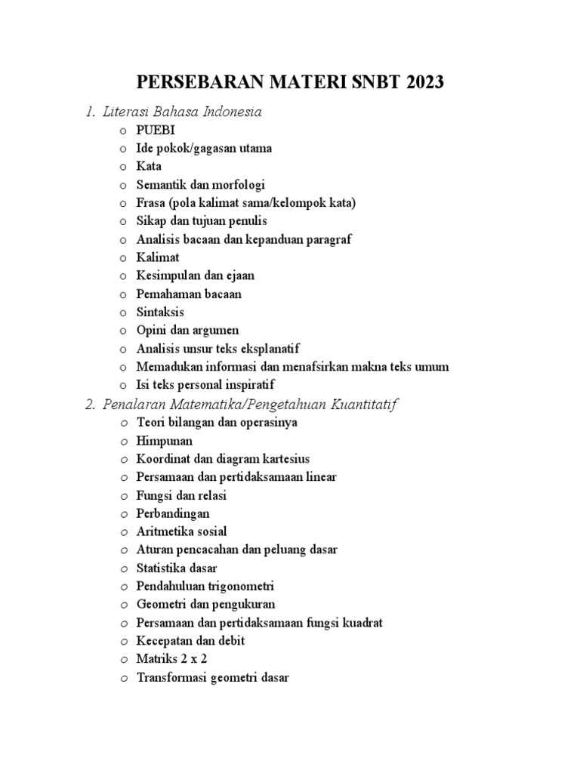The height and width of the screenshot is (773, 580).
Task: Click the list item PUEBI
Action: (155, 130)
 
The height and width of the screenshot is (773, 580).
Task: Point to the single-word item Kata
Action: (149, 166)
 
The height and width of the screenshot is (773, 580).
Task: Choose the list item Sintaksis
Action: (160, 312)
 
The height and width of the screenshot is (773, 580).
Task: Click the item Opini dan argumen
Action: (187, 330)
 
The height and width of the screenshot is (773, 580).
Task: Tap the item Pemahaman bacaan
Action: (189, 294)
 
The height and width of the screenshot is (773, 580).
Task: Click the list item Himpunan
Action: (165, 440)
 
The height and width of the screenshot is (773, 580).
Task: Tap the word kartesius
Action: (283, 458)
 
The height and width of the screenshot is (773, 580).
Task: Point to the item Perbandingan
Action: (173, 513)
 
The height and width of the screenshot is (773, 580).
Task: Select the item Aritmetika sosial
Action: (181, 531)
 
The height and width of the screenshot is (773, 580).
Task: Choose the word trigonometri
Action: (239, 586)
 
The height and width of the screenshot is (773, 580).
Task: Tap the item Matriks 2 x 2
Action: (171, 659)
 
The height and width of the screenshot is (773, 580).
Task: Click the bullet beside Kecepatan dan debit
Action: (123, 642)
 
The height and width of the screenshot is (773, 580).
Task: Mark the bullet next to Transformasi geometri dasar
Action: (123, 678)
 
